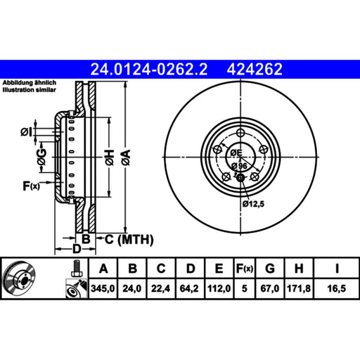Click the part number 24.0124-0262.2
point(149,70)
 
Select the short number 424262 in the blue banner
point(255,70)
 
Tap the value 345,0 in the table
point(103,288)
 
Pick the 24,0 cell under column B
point(132,288)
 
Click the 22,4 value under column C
point(160,288)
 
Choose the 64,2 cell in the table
point(189,288)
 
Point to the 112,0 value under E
point(219,288)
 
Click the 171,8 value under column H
point(299,288)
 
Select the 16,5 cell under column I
point(337,288)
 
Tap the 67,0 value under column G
point(270,288)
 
